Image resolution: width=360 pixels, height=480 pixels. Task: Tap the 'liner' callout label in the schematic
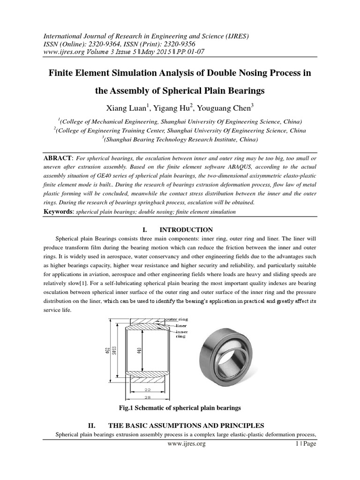(x=181, y=324)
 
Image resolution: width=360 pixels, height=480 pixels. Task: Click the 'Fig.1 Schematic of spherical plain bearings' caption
(x=180, y=408)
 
